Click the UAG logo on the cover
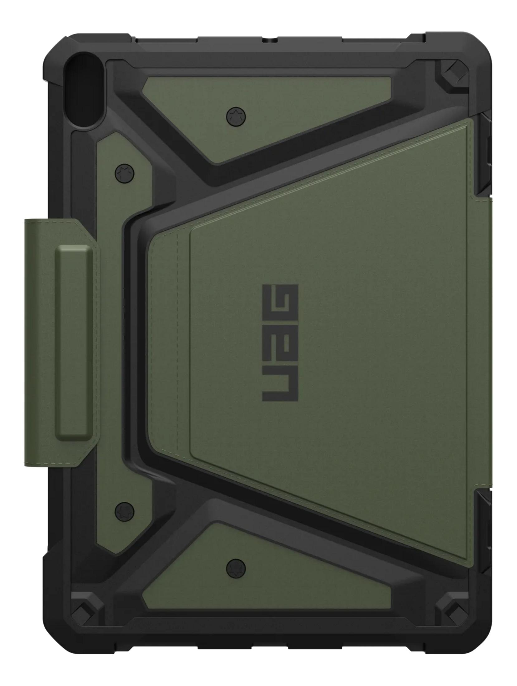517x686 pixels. click(x=280, y=342)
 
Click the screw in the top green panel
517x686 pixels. click(x=236, y=116)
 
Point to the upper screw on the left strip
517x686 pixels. click(x=124, y=172)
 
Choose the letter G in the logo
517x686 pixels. click(x=280, y=302)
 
